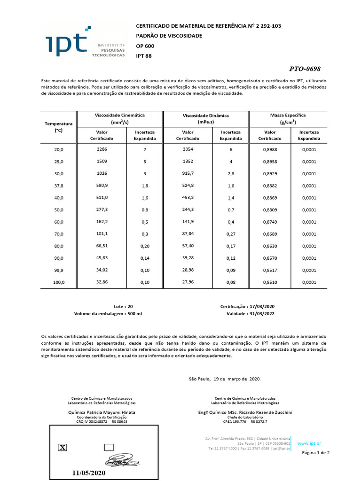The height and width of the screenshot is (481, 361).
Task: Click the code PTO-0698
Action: click(x=305, y=69)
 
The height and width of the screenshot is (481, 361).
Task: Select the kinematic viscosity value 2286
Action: click(x=102, y=149)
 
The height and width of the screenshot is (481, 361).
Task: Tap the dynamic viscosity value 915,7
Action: click(x=188, y=173)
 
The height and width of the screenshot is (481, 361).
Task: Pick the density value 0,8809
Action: click(x=270, y=209)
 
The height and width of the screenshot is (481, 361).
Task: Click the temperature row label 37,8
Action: click(x=59, y=186)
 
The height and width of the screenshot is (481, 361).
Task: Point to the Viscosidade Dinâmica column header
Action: click(x=205, y=118)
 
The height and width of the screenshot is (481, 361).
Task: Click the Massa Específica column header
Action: click(x=288, y=118)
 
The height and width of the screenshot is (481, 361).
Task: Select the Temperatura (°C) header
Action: click(x=59, y=127)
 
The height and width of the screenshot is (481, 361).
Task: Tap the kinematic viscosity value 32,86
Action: click(x=102, y=282)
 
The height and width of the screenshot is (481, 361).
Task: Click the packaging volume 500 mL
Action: click(x=135, y=314)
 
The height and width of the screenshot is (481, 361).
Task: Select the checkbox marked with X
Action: click(x=62, y=447)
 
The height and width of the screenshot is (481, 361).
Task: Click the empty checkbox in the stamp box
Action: click(x=109, y=447)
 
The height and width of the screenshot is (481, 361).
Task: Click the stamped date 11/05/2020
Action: click(x=89, y=473)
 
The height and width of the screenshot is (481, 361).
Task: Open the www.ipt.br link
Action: click(x=309, y=443)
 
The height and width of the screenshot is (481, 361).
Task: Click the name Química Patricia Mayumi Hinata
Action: click(x=102, y=412)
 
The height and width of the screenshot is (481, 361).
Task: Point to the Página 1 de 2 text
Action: click(x=315, y=453)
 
